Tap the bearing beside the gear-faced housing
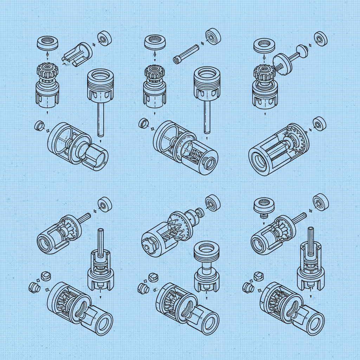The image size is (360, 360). [320, 123]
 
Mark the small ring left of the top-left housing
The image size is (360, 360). [39, 125]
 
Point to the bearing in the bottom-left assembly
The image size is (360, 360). [105, 204]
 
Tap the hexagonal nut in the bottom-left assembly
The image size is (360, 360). [46, 276]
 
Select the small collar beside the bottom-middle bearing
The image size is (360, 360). [200, 212]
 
